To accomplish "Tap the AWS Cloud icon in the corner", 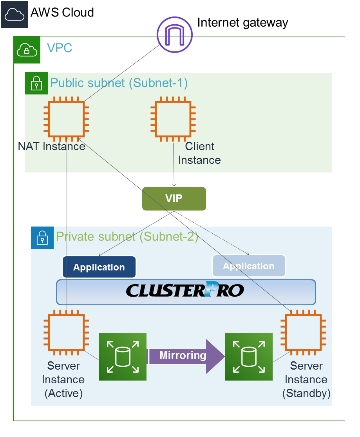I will [x=14, y=14].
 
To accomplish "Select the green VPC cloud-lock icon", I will [x=27, y=50].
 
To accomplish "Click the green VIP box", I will [x=174, y=199].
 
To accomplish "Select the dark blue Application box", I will [x=99, y=267].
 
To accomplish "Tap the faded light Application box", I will [x=249, y=266].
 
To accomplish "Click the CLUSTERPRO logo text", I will [x=185, y=291].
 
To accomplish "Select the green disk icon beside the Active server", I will [x=123, y=357].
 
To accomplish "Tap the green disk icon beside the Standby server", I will [x=249, y=357].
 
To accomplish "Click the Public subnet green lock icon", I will [x=36, y=83].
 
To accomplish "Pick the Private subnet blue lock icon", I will [x=42, y=238].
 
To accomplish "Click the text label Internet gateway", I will [x=242, y=22].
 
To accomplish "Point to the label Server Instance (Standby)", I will [x=306, y=379].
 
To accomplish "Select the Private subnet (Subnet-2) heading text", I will [x=127, y=237].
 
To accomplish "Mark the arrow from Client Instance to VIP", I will [x=174, y=165].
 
